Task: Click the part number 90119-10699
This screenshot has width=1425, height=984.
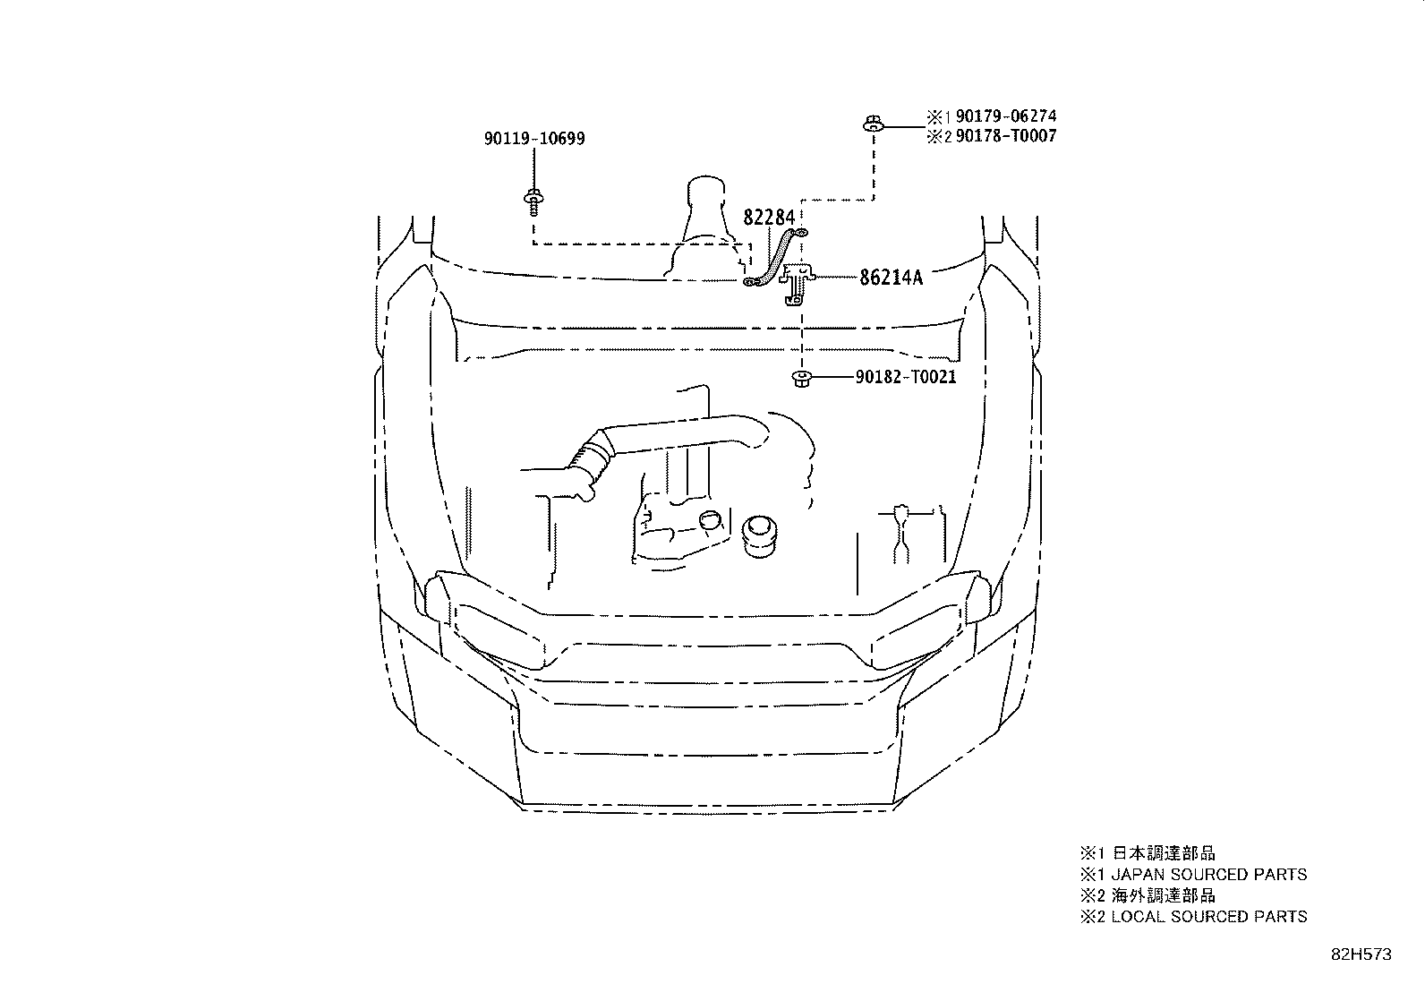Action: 534,139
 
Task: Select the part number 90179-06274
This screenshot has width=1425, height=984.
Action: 1006,116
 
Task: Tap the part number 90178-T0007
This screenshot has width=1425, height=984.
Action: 1006,135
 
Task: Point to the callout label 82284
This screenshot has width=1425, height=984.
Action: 769,218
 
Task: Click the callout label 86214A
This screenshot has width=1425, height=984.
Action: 891,278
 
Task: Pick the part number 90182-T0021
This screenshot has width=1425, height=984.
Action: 905,377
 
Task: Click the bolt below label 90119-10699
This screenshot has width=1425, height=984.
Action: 533,201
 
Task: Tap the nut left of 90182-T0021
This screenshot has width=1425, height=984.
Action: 802,379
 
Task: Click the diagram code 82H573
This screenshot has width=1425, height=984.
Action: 1361,954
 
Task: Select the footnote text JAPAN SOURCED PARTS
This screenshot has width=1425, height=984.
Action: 1208,875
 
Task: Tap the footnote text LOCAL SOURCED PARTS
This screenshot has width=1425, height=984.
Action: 1208,917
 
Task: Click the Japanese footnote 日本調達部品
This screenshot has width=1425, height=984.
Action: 1164,853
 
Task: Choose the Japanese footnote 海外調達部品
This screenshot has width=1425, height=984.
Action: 1164,895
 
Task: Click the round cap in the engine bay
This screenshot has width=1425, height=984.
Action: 759,536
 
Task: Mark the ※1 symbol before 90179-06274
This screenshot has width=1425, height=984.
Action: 938,116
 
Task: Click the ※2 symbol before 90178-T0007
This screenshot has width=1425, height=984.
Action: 938,136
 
